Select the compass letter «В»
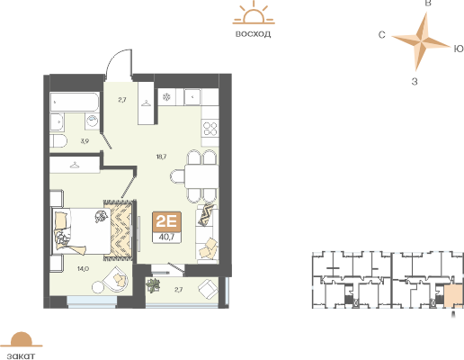429,5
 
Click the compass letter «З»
414,81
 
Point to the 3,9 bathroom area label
84,141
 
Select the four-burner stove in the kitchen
210,130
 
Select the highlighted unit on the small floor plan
453,294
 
